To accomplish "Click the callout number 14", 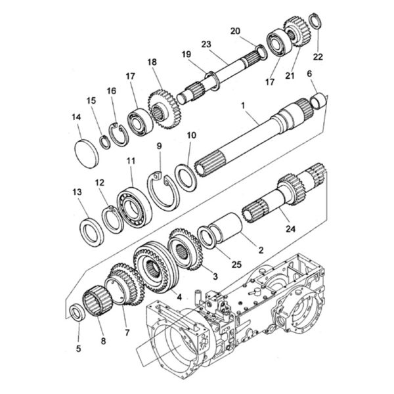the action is [76, 118].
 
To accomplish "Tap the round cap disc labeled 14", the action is [87, 154].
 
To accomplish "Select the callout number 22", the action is [318, 56].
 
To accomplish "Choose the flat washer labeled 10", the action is [186, 178].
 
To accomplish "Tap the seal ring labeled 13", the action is [92, 232].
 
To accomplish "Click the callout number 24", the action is [290, 229].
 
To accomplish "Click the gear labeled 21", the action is [297, 32].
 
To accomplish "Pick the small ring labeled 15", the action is [104, 142].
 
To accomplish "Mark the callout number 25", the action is [236, 265].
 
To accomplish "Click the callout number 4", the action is [179, 297].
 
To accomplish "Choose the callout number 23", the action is [206, 44].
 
